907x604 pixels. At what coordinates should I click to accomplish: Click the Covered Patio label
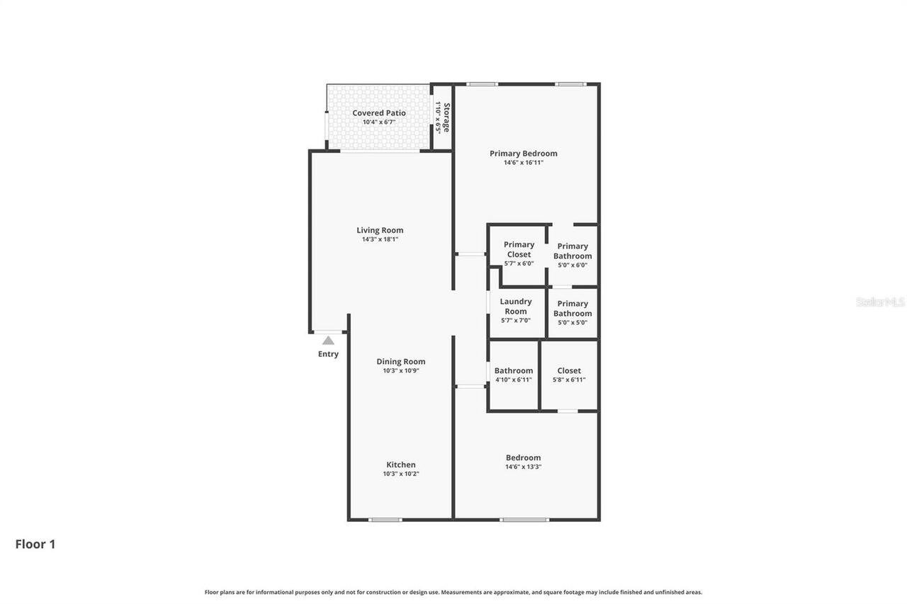[379, 113]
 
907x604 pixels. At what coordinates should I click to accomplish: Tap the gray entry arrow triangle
[328, 341]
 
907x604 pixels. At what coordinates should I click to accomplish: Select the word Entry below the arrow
[328, 354]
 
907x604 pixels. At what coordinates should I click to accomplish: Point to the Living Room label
[380, 230]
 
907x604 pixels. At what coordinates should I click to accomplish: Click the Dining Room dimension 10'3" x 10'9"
[401, 370]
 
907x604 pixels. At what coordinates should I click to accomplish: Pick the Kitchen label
[401, 465]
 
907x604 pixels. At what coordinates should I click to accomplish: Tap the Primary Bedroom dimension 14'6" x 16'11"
[524, 163]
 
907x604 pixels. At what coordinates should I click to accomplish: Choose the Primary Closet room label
[519, 249]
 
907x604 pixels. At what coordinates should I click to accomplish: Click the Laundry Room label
[516, 307]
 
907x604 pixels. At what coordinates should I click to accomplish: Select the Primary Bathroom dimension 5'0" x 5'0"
[573, 323]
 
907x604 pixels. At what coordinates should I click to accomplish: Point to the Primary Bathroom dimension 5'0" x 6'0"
[573, 265]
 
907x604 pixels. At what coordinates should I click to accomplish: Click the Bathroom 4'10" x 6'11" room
[514, 375]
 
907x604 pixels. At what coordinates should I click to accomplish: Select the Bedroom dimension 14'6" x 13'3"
[524, 467]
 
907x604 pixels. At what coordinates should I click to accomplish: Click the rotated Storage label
[446, 118]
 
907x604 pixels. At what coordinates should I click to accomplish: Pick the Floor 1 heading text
[35, 545]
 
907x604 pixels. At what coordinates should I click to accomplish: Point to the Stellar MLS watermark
[881, 302]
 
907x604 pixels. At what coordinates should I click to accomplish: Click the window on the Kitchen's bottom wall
[385, 520]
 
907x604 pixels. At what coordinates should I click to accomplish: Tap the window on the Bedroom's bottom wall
[524, 520]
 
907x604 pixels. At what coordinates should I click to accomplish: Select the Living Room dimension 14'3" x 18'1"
[380, 239]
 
